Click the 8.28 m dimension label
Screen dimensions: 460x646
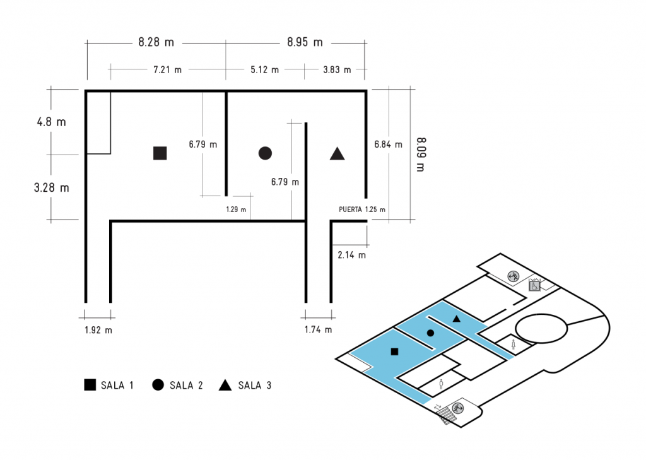[x=156, y=43]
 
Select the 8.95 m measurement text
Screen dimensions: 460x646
[x=305, y=43]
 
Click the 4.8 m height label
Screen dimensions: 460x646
[x=51, y=122]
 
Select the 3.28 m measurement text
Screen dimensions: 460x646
[x=51, y=187]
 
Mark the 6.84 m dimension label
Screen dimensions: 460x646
[x=388, y=144]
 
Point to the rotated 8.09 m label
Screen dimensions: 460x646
[x=421, y=153]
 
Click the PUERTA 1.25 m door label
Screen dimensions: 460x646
[x=362, y=209]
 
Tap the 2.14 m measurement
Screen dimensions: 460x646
[x=351, y=256]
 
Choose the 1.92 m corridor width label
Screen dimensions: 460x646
[x=98, y=329]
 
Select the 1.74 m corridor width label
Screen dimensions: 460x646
[x=318, y=329]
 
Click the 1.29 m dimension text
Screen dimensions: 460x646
[x=235, y=209]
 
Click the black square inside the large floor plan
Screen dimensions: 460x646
[x=160, y=153]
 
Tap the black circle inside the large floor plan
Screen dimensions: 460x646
[x=265, y=153]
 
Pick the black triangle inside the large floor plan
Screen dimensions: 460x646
[x=337, y=153]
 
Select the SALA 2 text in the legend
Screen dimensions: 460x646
[x=186, y=386]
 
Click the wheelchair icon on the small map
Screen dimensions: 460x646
[x=533, y=286]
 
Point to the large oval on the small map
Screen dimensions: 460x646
[x=541, y=328]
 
